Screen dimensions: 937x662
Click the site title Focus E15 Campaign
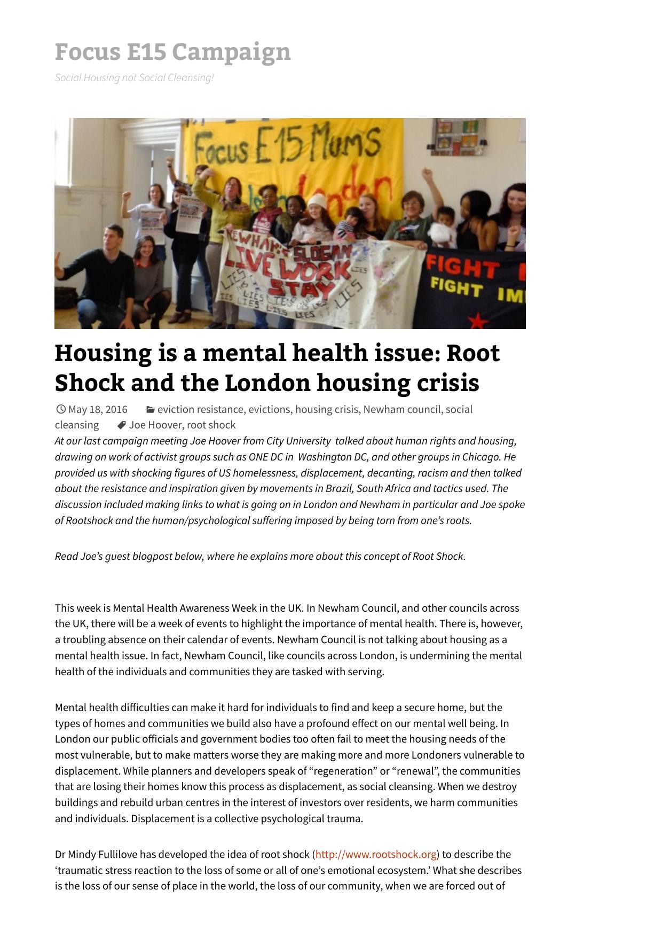(x=172, y=52)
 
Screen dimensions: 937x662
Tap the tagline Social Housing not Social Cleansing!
(x=134, y=78)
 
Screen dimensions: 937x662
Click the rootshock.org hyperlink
(x=376, y=854)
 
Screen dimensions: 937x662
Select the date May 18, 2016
(x=98, y=410)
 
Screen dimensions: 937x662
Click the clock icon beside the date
(x=60, y=410)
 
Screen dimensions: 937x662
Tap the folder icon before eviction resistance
(x=151, y=410)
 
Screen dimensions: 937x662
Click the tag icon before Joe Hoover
(x=122, y=425)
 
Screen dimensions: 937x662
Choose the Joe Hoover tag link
(x=155, y=425)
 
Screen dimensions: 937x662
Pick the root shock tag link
(x=211, y=425)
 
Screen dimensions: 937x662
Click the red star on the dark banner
(x=478, y=321)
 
